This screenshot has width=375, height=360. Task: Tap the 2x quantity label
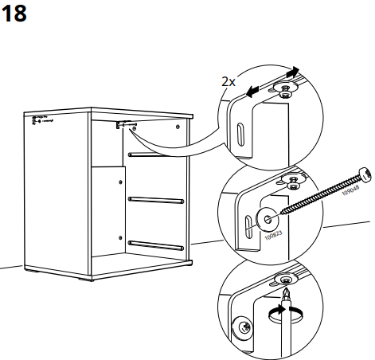coord(229,81)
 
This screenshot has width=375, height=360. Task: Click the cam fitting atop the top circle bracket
coord(283,89)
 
